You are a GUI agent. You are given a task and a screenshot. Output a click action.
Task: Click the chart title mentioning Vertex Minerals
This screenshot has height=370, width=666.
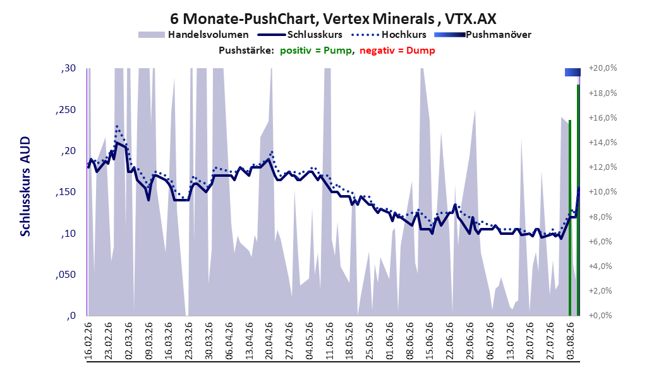coord(333,19)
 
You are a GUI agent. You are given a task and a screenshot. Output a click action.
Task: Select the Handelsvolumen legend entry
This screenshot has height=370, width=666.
coord(193,35)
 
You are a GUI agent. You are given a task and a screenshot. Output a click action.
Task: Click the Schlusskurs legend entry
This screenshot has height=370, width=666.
coord(300,35)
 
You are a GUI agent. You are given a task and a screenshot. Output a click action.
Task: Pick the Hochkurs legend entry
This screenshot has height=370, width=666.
coord(389,35)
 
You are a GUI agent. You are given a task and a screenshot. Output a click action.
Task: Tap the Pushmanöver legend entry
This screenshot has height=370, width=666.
coord(483,35)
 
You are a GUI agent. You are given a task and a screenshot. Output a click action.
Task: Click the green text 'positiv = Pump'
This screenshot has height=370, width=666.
coord(315,51)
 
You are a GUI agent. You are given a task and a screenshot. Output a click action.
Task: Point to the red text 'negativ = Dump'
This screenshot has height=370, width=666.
coord(397,51)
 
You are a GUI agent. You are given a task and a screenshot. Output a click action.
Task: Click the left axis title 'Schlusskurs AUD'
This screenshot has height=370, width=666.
coord(25,186)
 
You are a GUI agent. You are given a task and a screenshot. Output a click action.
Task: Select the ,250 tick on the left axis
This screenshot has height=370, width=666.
coord(66,110)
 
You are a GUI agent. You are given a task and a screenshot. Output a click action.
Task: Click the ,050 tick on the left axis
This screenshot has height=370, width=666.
coord(66,275)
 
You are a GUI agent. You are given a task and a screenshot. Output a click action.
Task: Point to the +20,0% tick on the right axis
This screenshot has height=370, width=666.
coord(602,68)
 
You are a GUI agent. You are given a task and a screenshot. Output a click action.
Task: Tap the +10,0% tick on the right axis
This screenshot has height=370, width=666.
coord(602,192)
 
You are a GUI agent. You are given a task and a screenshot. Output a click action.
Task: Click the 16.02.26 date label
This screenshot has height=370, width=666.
coord(88,341)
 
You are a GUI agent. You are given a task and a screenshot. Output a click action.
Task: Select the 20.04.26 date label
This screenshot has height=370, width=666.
coord(269,341)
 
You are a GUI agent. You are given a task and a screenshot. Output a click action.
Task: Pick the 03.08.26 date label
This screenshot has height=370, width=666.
coord(570,341)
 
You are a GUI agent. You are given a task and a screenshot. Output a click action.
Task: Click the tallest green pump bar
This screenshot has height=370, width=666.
coord(578,200)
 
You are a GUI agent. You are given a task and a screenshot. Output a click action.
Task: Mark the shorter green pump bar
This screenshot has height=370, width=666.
coord(570,218)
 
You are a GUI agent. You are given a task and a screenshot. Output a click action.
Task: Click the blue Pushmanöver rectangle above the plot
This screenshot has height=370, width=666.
coord(572,72)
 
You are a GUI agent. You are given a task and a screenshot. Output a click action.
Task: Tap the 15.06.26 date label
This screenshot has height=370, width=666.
coord(430,341)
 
